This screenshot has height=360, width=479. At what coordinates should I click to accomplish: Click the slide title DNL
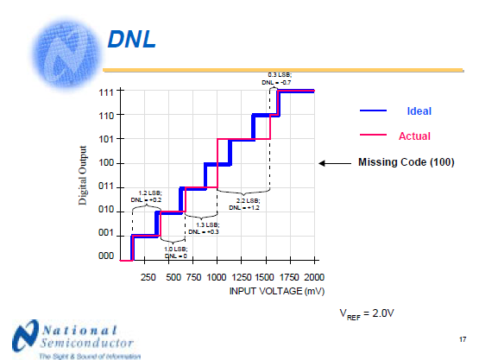tap(130, 40)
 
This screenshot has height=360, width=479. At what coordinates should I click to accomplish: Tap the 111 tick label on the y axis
tap(106, 92)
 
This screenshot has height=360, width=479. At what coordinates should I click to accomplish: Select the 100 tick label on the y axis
tap(106, 163)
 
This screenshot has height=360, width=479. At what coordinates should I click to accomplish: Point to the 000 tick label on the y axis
tap(106, 257)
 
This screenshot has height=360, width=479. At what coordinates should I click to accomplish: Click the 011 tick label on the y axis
tap(106, 186)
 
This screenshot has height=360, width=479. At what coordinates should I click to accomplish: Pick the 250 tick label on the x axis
tap(148, 277)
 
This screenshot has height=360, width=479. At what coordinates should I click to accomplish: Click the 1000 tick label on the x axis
tap(216, 277)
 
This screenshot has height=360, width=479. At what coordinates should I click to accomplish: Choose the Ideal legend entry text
tap(419, 111)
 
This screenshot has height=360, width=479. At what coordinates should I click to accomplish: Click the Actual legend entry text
tap(414, 136)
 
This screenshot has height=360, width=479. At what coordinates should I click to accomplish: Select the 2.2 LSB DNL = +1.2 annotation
tap(244, 204)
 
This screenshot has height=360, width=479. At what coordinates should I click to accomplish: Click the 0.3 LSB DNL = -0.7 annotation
tap(279, 79)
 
